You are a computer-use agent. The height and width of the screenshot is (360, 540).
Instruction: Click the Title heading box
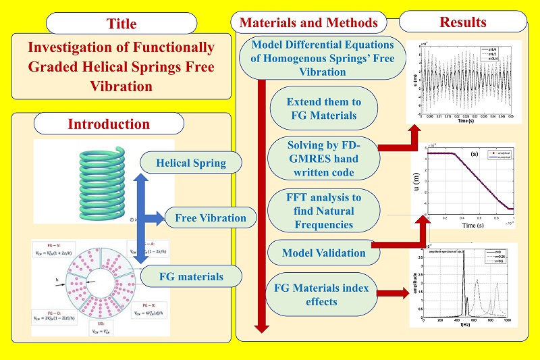tap(121, 24)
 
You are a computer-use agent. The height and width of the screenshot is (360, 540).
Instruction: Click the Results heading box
tap(462, 22)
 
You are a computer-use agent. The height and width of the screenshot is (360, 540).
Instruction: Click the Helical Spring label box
tap(182, 163)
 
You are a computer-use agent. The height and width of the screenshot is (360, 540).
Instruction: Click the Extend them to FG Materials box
tap(323, 109)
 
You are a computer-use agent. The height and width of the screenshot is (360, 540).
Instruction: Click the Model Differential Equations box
tap(323, 57)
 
